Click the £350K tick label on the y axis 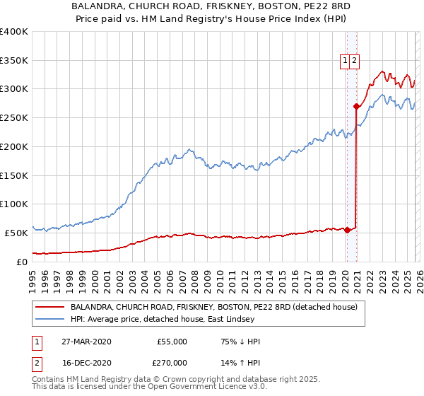pyautogui.click(x=14, y=61)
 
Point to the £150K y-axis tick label pyautogui.click(x=14, y=175)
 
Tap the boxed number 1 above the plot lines pyautogui.click(x=346, y=62)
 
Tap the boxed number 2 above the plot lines pyautogui.click(x=355, y=62)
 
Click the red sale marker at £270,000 pyautogui.click(x=357, y=107)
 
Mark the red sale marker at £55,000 pyautogui.click(x=348, y=230)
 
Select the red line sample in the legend pyautogui.click(x=50, y=308)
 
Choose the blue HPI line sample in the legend pyautogui.click(x=50, y=320)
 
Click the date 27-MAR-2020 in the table pyautogui.click(x=86, y=342)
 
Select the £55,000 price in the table pyautogui.click(x=172, y=342)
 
